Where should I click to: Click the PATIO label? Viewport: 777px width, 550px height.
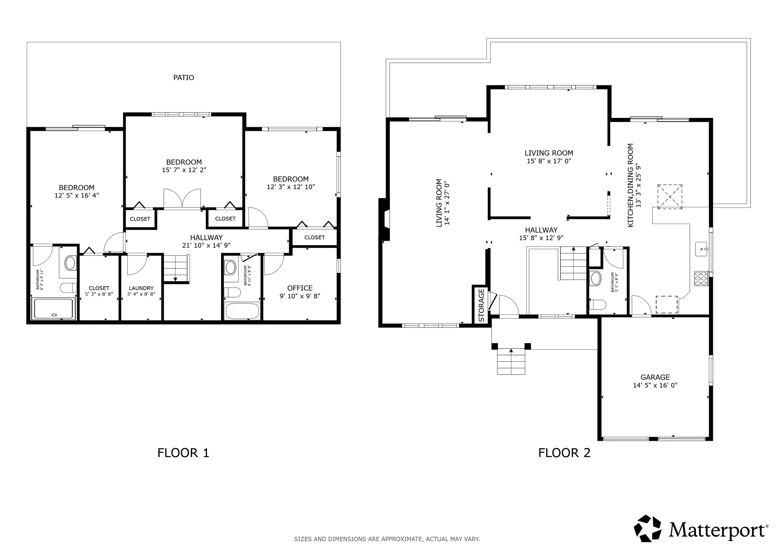183,77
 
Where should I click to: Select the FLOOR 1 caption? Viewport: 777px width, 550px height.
183,453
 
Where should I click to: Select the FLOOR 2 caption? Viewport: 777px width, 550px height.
564,453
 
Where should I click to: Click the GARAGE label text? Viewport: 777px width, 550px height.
655,377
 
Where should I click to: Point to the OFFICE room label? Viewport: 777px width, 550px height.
300,288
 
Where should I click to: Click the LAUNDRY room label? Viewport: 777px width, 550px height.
141,288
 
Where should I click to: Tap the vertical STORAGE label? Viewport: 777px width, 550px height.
481,305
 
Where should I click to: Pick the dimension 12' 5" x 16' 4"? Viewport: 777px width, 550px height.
76,195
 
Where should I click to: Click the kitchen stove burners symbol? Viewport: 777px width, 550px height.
701,278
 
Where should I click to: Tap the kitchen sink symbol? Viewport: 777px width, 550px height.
701,249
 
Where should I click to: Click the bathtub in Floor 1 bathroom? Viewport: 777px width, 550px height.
242,311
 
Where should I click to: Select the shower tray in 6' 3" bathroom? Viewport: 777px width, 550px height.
53,309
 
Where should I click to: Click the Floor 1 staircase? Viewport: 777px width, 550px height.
176,268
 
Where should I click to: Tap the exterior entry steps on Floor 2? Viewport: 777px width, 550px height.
511,362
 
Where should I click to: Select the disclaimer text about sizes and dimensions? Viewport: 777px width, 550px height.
387,539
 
